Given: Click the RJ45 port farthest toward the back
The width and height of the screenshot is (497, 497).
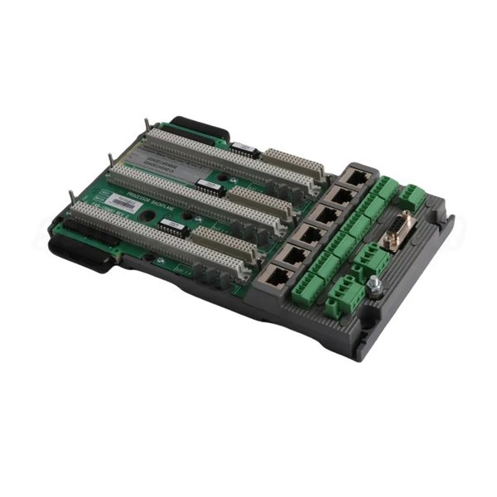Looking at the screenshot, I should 357,176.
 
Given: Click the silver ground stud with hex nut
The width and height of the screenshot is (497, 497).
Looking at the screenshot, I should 375,285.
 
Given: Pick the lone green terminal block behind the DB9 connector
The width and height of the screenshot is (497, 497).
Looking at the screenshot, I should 411,197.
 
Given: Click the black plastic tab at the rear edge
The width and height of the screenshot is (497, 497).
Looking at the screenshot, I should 199,127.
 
